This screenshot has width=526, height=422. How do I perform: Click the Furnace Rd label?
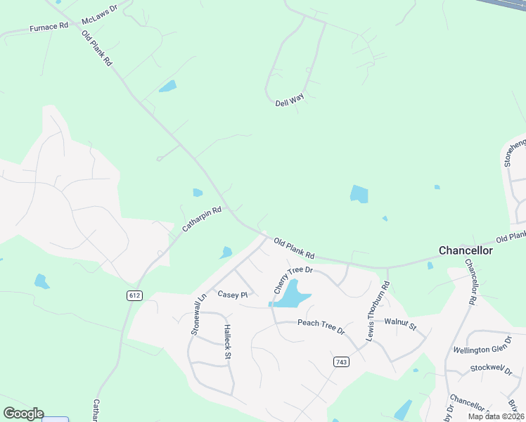coord(49,27)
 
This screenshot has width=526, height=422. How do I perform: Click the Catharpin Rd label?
coord(202,219)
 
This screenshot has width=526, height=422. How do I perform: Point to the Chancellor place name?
coord(466,250)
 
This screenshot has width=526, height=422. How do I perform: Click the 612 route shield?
coord(134,295)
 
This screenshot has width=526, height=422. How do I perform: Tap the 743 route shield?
coord(341,361)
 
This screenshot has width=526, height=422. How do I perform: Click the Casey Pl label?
coord(233,295)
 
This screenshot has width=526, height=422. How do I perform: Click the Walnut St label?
coord(401,325)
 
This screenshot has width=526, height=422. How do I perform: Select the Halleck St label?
coord(226,341)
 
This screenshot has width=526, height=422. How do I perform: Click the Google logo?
coord(23,414)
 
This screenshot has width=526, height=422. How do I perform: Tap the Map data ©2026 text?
coord(495,416)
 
